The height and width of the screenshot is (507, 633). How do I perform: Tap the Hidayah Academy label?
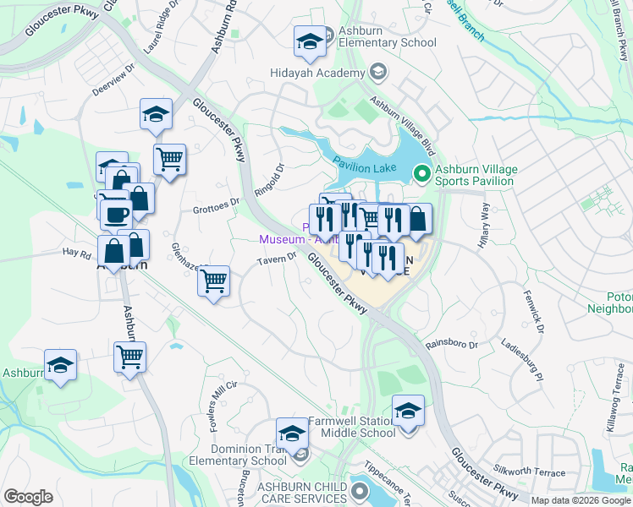point(316,74)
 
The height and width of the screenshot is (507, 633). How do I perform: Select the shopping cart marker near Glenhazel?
point(214,280)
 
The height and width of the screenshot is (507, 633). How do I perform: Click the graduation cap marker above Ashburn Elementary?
point(310,40)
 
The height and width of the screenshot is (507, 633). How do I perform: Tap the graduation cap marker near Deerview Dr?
point(156,114)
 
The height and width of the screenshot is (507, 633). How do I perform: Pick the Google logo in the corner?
point(28,497)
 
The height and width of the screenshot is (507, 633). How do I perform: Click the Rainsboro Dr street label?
point(451,344)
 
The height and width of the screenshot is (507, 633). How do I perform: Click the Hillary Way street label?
point(484,226)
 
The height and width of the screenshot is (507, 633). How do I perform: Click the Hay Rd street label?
point(75,251)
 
